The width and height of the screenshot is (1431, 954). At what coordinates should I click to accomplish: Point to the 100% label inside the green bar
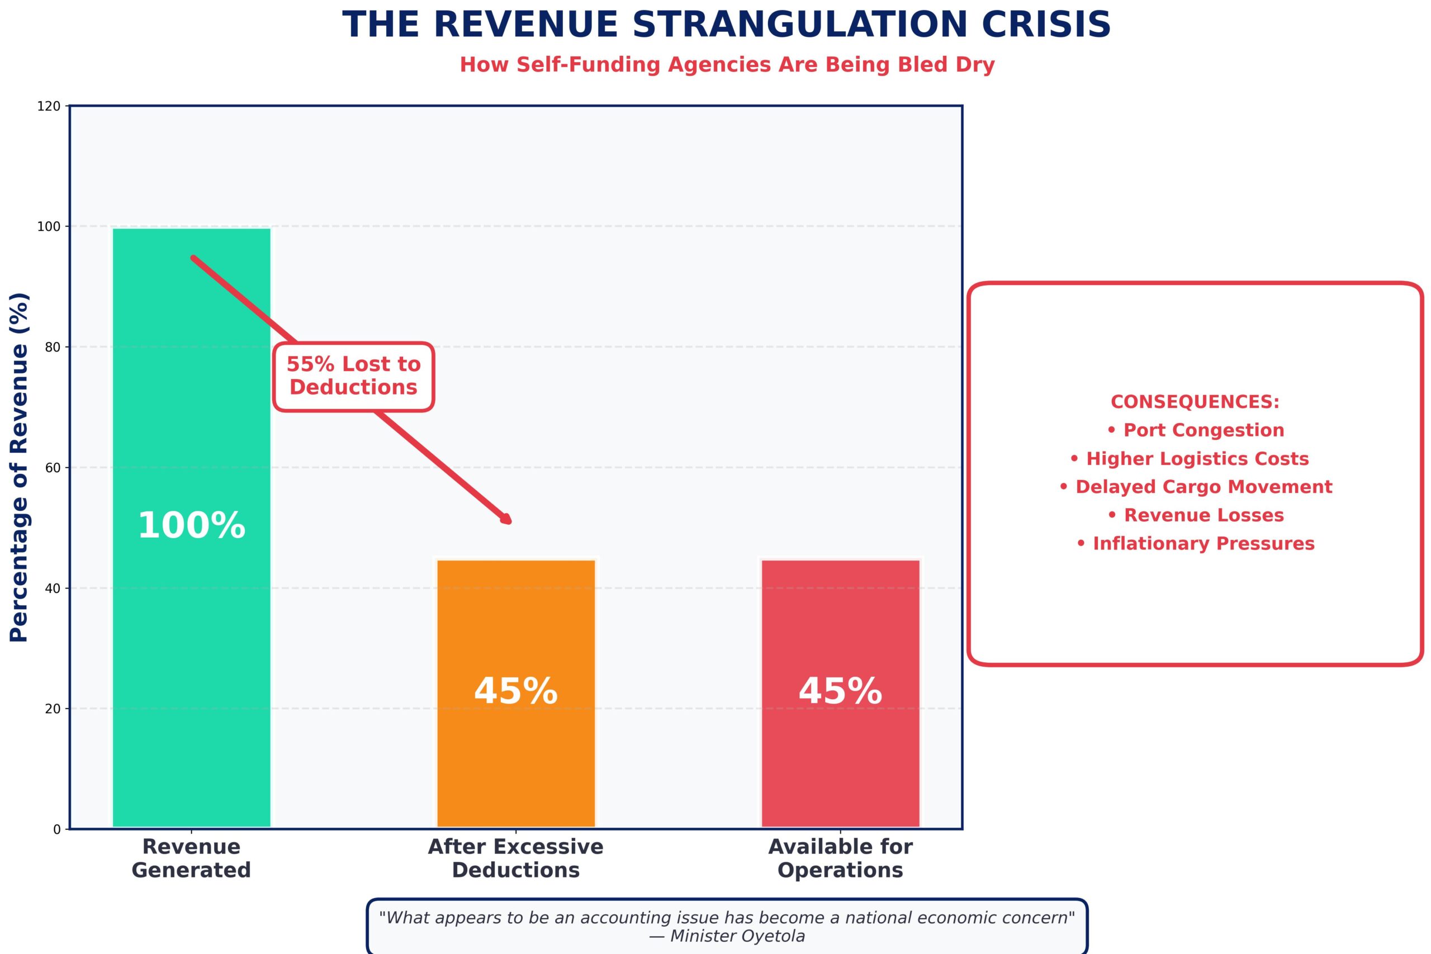point(191,526)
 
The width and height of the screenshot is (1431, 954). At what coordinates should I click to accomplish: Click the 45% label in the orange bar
point(515,692)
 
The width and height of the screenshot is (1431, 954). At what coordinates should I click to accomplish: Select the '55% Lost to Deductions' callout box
point(353,376)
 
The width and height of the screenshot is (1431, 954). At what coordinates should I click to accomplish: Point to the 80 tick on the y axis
point(53,348)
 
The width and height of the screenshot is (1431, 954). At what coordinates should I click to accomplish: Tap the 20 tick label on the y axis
point(53,709)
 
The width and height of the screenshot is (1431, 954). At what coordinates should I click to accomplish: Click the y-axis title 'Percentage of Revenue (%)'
point(20,467)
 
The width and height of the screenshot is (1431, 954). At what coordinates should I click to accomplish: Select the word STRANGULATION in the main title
point(799,26)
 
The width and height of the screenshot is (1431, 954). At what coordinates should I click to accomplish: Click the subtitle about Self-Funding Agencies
point(727,64)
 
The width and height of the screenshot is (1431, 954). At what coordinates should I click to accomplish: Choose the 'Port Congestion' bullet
point(1195,430)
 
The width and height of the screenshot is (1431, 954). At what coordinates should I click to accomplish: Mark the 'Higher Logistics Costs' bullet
point(1189,459)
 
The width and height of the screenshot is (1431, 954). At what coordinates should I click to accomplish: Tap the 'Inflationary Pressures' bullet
point(1195,543)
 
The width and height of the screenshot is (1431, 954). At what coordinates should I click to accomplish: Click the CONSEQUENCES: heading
point(1195,402)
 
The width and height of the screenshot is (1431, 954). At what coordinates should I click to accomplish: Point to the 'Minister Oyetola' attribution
point(727,936)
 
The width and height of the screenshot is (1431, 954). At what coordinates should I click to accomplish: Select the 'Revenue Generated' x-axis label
point(191,858)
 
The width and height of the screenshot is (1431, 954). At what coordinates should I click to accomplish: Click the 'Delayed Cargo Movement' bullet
point(1195,487)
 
